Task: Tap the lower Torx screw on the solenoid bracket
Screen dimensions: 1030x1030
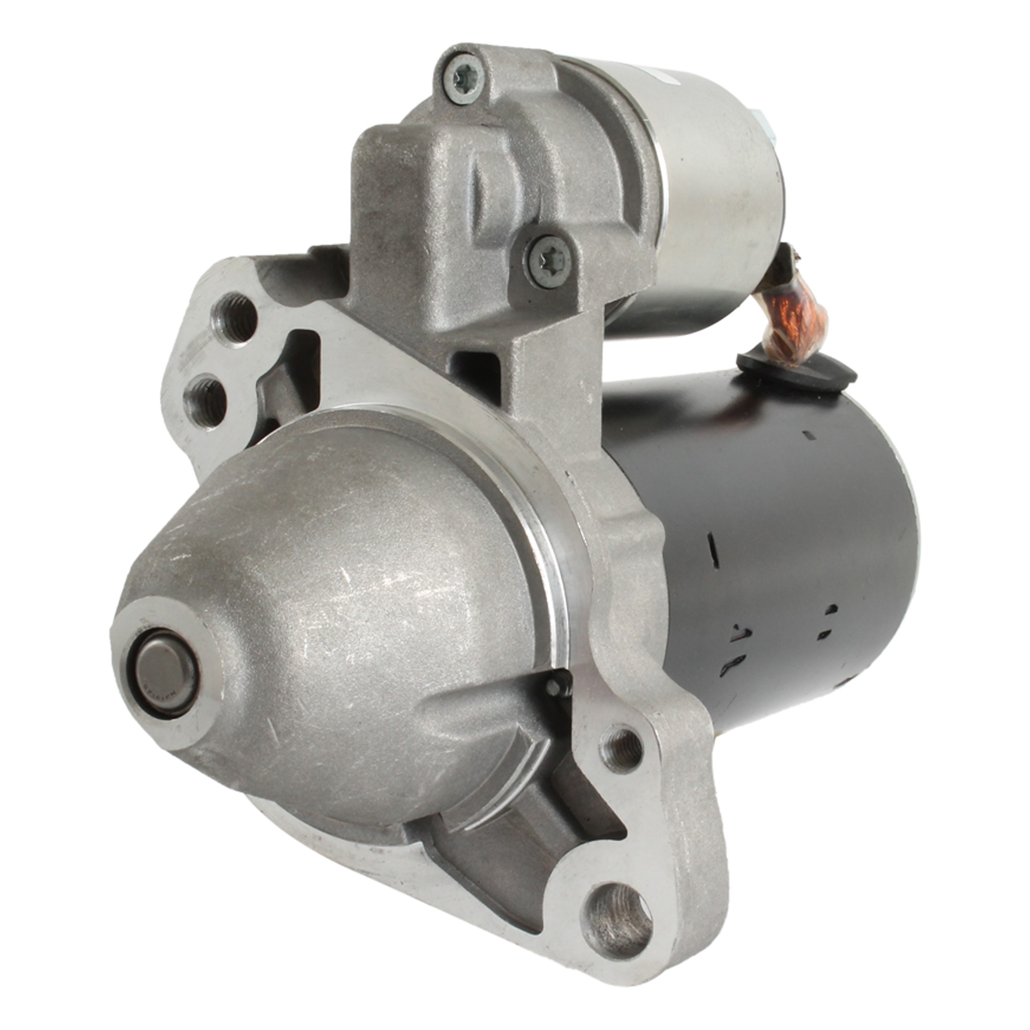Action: (x=548, y=262)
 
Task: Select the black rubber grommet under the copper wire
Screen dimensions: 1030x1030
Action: (x=797, y=369)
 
